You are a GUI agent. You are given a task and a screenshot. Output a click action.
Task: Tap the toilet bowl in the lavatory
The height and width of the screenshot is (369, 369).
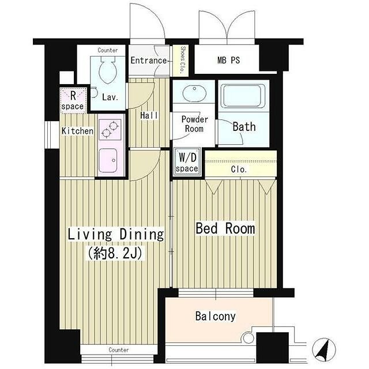point(108,69)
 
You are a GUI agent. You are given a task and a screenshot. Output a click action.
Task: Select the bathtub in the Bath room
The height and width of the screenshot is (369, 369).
point(244,96)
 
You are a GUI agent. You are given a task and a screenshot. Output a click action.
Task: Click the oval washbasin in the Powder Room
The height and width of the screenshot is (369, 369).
point(194,91)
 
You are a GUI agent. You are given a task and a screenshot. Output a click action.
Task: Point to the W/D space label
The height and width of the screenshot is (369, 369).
point(187,162)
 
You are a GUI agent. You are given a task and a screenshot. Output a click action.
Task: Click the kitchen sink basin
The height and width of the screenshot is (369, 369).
point(108,160)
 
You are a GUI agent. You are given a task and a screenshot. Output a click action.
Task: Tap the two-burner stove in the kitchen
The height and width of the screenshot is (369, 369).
point(110,129)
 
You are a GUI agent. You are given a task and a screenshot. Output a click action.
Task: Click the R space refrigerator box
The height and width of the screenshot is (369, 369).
point(73,100)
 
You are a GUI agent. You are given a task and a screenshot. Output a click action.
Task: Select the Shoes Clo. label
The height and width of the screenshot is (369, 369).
point(183,60)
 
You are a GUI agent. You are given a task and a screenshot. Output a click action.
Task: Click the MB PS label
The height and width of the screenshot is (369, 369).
point(228,60)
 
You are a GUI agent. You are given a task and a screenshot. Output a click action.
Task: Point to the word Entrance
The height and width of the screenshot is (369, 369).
point(149,61)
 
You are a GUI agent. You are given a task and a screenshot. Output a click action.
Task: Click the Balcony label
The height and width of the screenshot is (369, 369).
point(215,316)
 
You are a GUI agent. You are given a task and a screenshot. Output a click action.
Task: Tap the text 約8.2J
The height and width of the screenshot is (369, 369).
point(115,254)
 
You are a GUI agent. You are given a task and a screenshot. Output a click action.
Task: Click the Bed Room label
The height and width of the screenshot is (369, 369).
point(225,228)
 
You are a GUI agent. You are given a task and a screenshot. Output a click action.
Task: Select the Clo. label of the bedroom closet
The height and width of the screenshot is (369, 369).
point(239,169)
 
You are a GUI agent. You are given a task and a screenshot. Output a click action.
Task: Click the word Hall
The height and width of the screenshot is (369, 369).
point(149,115)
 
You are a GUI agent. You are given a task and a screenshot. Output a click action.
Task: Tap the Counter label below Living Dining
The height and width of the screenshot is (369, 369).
point(119,350)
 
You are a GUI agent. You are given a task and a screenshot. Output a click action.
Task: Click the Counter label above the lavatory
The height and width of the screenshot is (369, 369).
point(108,50)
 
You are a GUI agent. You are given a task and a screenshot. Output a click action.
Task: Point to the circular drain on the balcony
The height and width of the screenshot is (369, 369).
point(248,338)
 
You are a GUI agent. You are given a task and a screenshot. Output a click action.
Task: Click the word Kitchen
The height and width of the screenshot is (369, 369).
point(77,131)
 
